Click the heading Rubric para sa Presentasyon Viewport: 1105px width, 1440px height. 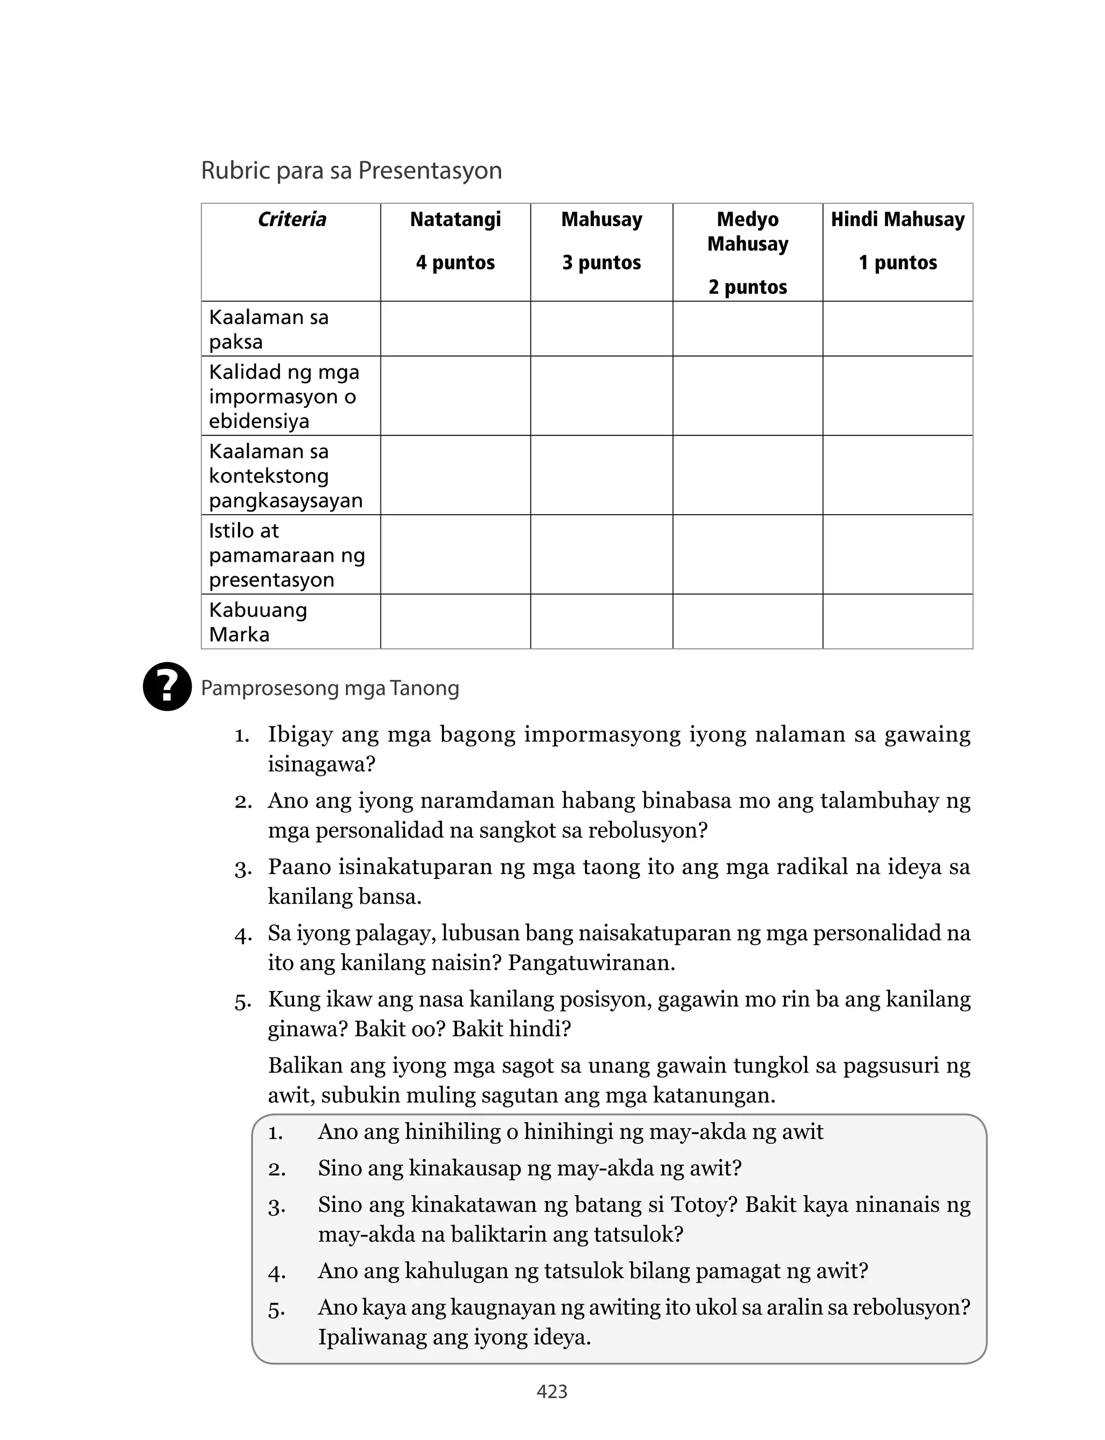pos(351,171)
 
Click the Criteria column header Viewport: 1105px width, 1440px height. pos(291,220)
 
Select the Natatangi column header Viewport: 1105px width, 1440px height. pos(455,220)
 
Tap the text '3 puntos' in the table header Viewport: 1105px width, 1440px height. pos(601,262)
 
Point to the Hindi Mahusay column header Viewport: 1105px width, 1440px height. pos(897,220)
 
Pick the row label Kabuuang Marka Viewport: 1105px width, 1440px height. pos(258,622)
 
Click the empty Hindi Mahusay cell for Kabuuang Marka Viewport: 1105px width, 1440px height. pos(897,622)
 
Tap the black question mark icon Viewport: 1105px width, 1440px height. pos(167,686)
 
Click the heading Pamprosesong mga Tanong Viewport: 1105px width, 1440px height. pos(330,688)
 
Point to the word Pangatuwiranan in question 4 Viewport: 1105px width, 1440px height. pos(591,963)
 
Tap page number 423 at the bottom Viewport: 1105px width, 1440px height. pos(552,1391)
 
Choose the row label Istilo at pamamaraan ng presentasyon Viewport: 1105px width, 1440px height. pos(287,555)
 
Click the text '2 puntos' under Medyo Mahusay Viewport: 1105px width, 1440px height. pos(747,288)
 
